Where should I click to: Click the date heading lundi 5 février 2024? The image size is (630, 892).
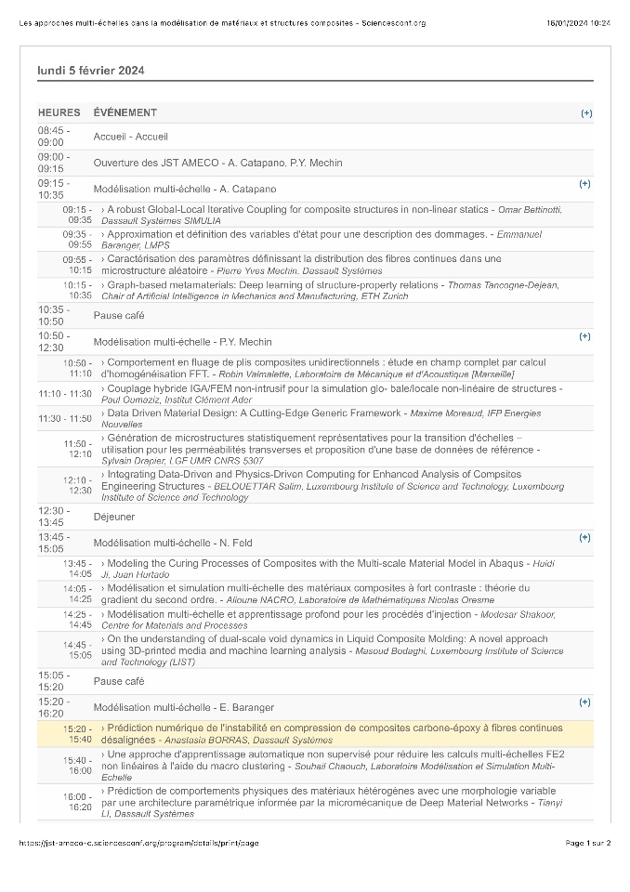[x=91, y=71]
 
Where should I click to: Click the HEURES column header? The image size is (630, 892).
[x=59, y=113]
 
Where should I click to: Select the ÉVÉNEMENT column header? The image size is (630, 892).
[x=125, y=113]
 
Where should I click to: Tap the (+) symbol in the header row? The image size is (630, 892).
[x=585, y=113]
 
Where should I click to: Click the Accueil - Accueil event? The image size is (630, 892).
[x=130, y=137]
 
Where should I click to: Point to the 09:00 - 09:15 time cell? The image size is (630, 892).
[x=53, y=163]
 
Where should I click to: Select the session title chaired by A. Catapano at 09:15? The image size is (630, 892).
[x=185, y=189]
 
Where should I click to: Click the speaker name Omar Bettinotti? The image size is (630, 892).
[x=530, y=209]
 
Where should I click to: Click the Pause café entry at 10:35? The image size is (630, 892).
[x=119, y=316]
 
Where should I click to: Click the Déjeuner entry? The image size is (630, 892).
[x=114, y=517]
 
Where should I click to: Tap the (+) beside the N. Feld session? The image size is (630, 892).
[x=584, y=537]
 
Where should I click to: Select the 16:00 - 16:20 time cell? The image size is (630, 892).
[x=77, y=802]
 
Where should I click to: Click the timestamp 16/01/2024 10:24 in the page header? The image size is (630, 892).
[x=579, y=22]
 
